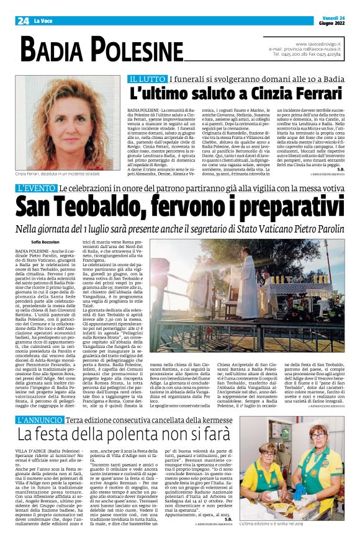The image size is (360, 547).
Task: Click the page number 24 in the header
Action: point(23,20)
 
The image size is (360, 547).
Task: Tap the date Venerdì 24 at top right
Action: point(329,17)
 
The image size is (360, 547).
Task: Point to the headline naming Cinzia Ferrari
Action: point(236,94)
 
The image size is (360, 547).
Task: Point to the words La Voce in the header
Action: point(42,21)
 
